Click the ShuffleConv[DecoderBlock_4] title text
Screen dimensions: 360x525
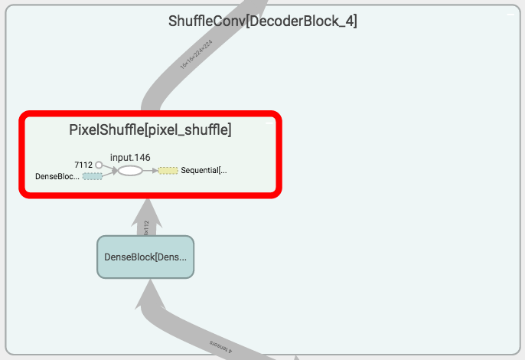coord(262,21)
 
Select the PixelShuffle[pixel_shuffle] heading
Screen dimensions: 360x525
coord(150,130)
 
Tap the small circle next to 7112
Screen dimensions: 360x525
coord(99,165)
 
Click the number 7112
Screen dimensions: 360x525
coord(83,165)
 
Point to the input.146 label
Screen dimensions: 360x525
coord(130,157)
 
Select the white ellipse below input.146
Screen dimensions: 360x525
coord(130,170)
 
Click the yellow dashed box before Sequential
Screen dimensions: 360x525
coord(168,170)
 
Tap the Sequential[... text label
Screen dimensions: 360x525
coord(204,170)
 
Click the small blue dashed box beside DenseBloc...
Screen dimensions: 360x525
coord(92,176)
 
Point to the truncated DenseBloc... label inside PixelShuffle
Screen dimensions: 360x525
coord(57,176)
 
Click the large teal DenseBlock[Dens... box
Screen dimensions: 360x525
coord(145,257)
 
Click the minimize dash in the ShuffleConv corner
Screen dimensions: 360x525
coord(509,14)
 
